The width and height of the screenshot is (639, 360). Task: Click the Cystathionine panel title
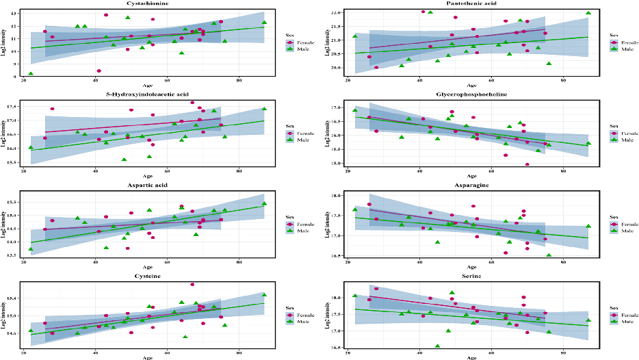[144, 3]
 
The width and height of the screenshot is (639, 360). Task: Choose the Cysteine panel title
[144, 276]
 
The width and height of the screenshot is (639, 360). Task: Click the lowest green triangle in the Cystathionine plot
[31, 74]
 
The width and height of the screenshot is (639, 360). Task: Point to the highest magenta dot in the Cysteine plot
[192, 284]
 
